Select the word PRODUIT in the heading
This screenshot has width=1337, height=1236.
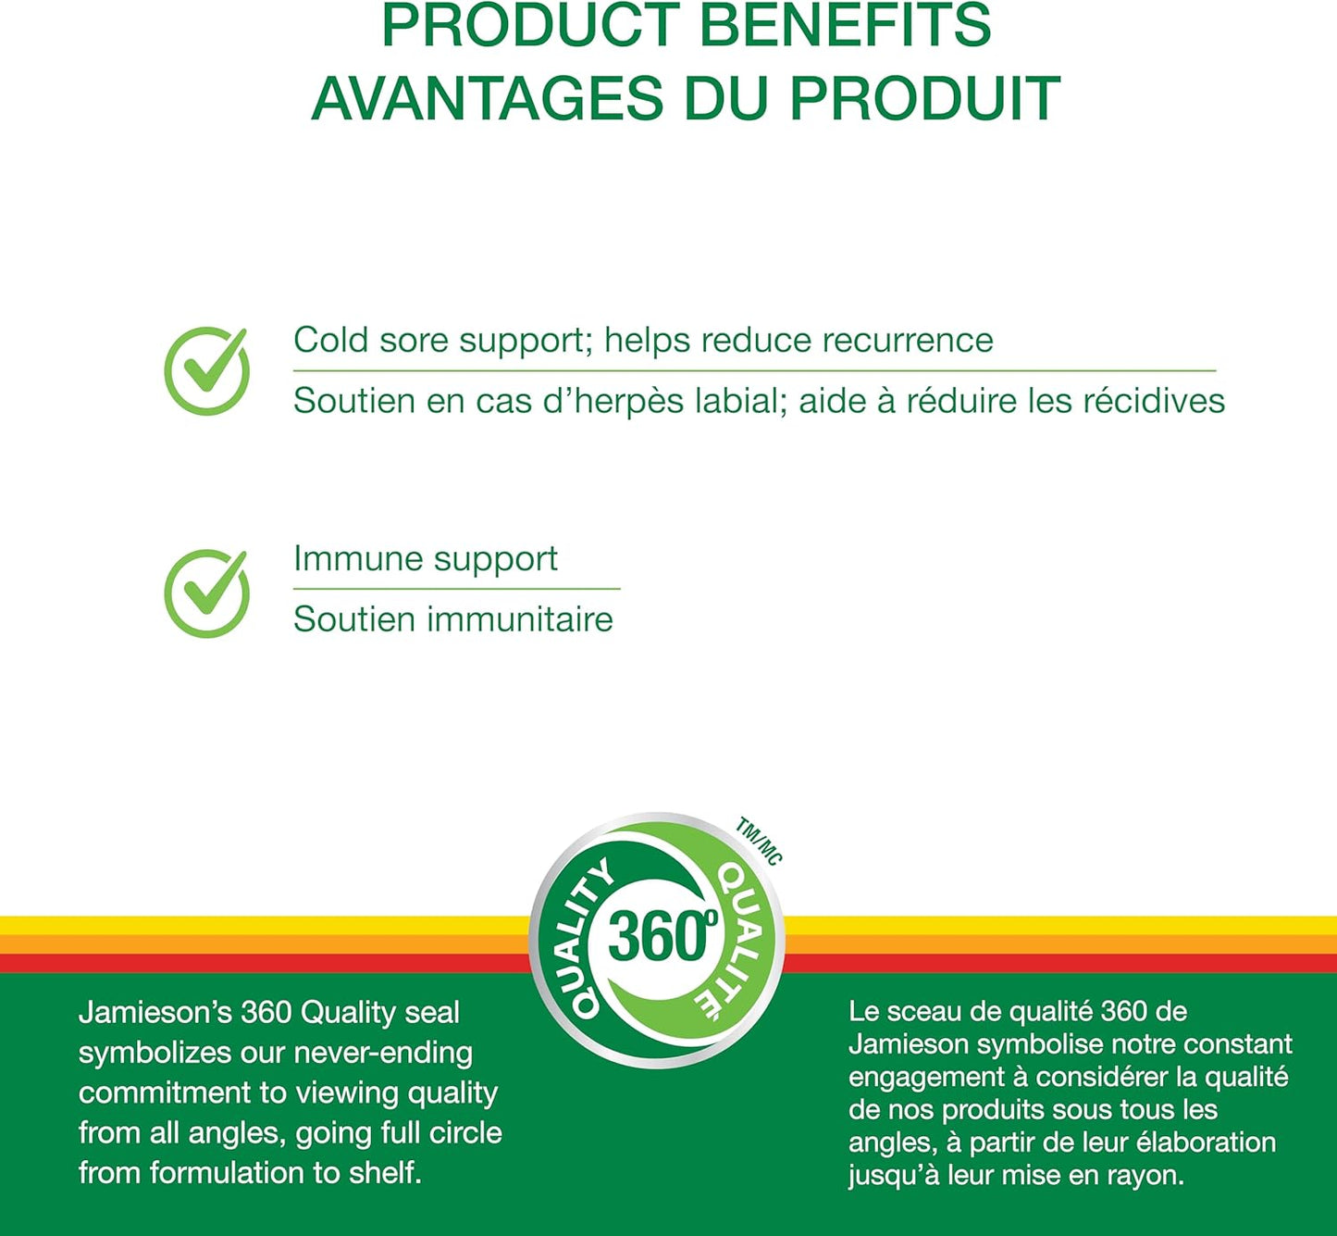click(924, 98)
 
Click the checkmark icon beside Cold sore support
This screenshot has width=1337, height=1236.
click(206, 370)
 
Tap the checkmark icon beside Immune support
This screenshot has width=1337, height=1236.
click(206, 593)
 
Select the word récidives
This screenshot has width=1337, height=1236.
click(1153, 401)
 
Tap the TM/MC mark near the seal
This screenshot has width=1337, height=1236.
click(759, 841)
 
